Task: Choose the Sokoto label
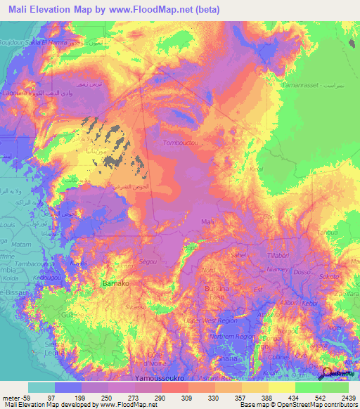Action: coord(330,277)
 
